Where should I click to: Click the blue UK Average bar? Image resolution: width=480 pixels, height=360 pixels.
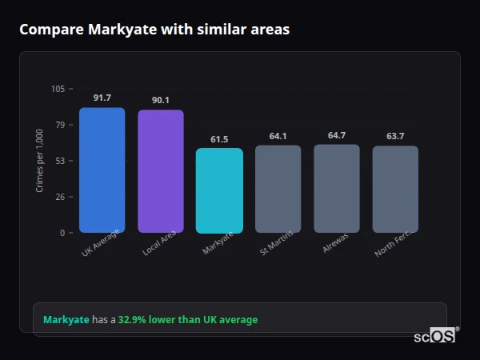102,170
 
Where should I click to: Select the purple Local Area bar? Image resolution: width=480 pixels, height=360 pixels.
161,171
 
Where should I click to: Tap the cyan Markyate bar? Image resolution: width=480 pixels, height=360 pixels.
219,190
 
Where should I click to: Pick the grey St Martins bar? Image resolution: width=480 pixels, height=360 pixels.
278,189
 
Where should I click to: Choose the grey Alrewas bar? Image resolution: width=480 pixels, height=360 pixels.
337,188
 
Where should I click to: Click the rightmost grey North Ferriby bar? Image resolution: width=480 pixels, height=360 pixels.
395,189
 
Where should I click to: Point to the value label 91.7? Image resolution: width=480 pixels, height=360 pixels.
102,98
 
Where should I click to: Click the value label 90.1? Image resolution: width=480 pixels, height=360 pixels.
161,100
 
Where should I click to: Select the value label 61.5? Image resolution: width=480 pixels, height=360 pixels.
219,139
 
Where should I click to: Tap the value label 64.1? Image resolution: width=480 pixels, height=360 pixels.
278,136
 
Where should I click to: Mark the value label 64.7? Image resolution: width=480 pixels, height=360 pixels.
337,135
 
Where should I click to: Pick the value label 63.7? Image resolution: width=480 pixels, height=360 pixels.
395,136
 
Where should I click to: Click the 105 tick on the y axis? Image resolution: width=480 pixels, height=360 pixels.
58,89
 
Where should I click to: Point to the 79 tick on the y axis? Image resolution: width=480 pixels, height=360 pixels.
60,125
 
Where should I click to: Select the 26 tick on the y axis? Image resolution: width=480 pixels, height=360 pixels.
60,197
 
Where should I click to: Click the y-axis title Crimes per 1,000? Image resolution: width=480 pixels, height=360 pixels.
39,161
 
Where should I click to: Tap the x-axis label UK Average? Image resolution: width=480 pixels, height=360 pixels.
101,243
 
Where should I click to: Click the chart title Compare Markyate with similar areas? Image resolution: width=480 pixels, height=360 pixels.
154,30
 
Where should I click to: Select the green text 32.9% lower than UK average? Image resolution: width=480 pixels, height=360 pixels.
188,320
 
